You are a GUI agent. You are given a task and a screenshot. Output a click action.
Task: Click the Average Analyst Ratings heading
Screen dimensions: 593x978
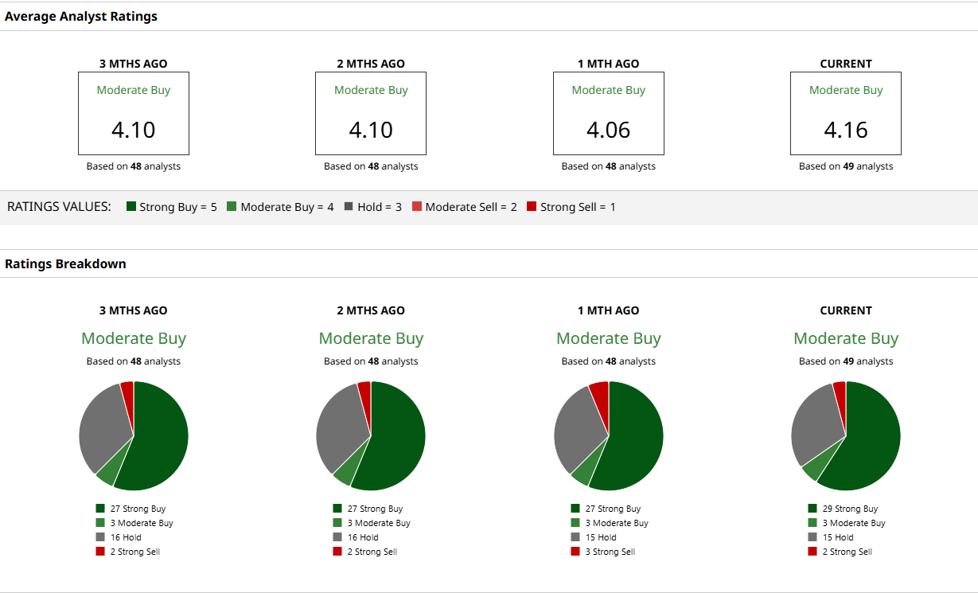click(x=81, y=16)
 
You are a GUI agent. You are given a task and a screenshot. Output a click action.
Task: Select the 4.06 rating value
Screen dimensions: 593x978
click(x=608, y=130)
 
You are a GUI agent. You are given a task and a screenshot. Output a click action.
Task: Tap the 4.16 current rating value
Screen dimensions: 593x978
click(x=845, y=130)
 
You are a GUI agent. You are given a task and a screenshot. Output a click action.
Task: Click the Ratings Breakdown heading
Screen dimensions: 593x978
click(x=65, y=263)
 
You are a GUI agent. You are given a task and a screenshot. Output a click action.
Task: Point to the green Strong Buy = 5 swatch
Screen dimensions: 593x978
click(x=131, y=207)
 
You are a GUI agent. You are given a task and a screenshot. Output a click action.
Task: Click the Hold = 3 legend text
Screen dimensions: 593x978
click(x=379, y=207)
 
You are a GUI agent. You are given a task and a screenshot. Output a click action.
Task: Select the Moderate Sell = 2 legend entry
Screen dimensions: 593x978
click(x=470, y=207)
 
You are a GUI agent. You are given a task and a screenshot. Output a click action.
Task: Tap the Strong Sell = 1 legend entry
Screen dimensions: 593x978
click(x=577, y=207)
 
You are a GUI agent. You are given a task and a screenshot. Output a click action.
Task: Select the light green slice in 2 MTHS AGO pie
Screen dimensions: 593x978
click(x=344, y=474)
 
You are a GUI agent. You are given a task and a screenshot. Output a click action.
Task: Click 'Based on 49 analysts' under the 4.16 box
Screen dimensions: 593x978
click(x=845, y=166)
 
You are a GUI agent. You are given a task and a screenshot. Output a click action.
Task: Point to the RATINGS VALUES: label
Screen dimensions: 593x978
click(x=59, y=207)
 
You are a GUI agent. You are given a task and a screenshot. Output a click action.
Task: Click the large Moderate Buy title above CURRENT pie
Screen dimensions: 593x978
click(x=845, y=338)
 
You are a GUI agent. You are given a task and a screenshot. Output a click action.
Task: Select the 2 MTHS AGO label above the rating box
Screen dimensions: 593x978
click(x=371, y=64)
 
